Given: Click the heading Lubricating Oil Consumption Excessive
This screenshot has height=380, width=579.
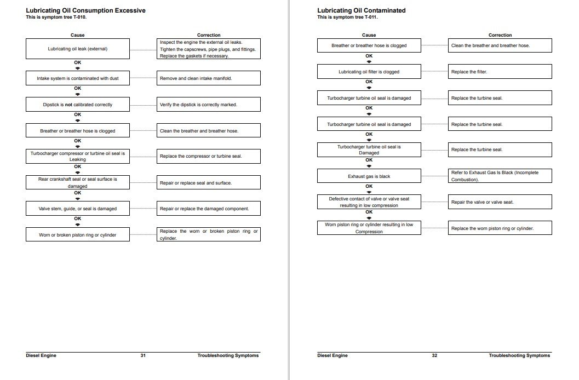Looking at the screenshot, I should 85,10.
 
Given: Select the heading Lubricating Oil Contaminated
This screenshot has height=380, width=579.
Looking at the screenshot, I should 362,10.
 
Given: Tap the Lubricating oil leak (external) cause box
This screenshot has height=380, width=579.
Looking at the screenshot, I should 77,49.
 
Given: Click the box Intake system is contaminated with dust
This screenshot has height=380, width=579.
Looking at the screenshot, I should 77,78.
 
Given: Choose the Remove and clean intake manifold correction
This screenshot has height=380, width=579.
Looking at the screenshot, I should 208,78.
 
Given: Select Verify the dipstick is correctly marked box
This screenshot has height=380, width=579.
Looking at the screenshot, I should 208,105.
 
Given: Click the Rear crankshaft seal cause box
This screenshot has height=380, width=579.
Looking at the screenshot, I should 77,182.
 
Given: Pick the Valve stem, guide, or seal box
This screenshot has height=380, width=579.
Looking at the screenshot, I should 77,209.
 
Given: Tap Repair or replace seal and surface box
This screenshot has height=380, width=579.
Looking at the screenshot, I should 208,182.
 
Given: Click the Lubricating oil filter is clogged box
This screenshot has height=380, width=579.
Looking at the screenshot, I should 369,72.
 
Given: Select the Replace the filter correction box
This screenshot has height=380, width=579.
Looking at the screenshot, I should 500,72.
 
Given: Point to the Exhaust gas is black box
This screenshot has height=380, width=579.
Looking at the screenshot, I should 369,176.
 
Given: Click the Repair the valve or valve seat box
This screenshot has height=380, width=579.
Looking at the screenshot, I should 500,202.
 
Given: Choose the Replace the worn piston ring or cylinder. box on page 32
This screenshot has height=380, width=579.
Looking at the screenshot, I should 500,228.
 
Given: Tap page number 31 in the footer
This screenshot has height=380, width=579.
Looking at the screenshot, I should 143,355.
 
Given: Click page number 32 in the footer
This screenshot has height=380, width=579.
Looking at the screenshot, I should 434,355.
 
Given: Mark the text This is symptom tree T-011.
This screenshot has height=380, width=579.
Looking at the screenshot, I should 347,17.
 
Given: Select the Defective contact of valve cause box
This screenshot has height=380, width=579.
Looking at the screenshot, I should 369,202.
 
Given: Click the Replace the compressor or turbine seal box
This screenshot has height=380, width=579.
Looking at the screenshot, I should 208,156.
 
